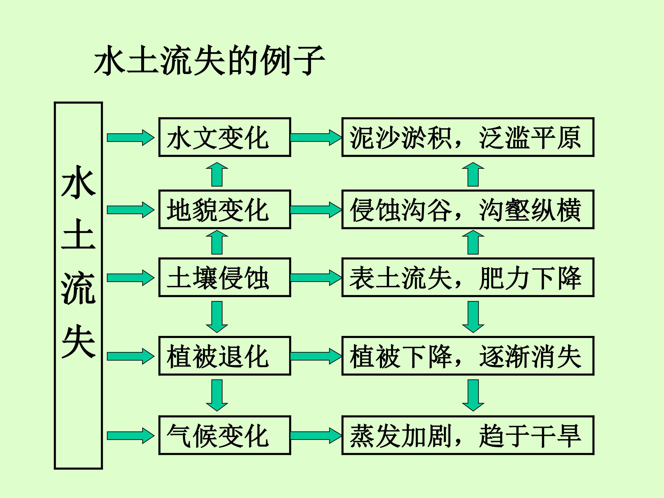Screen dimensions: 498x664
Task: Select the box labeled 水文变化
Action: [225, 137]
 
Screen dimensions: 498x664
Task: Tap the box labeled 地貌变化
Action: [225, 209]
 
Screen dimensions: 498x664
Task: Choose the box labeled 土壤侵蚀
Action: [225, 277]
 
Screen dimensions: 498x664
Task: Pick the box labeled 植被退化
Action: [225, 356]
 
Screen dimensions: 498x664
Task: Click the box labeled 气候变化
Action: [225, 435]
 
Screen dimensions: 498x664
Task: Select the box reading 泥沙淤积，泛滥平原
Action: [468, 137]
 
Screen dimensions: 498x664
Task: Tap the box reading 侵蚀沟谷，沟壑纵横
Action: [468, 209]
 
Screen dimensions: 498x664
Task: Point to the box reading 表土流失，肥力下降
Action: [468, 277]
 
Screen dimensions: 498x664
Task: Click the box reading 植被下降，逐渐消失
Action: [468, 356]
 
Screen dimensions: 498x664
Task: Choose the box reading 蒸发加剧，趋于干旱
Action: [468, 435]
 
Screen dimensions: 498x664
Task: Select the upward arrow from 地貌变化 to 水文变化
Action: [217, 175]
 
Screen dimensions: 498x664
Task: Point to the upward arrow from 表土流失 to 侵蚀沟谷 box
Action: [473, 243]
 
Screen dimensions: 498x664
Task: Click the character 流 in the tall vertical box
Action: [78, 288]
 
